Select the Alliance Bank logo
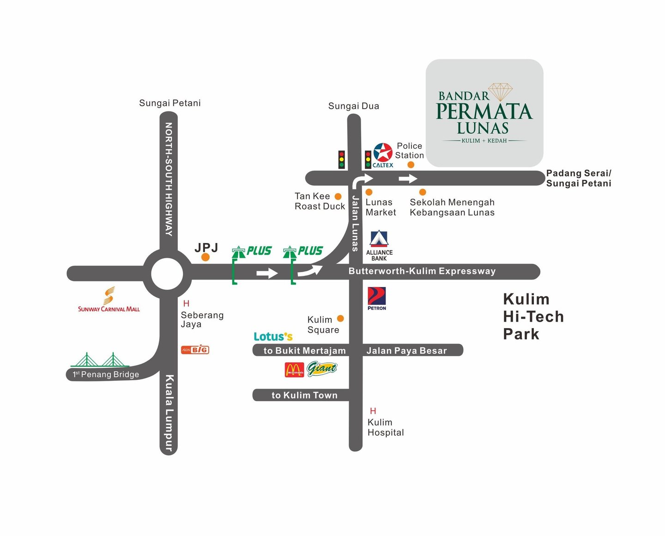(x=379, y=245)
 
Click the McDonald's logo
(x=295, y=370)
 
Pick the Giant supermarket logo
(x=322, y=369)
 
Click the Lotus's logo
(x=273, y=336)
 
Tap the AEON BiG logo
(x=195, y=350)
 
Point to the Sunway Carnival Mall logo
(x=109, y=299)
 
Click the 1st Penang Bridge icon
(x=100, y=360)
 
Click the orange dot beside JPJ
(x=206, y=257)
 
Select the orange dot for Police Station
(x=411, y=164)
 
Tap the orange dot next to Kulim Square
(x=340, y=318)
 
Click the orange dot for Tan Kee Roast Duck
(x=338, y=196)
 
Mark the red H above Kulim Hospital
(x=373, y=411)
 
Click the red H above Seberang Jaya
(x=186, y=304)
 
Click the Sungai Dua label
(x=354, y=106)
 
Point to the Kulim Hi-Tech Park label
(x=533, y=317)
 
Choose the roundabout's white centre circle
(x=167, y=274)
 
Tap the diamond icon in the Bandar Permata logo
(x=501, y=91)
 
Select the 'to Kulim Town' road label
(x=304, y=395)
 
